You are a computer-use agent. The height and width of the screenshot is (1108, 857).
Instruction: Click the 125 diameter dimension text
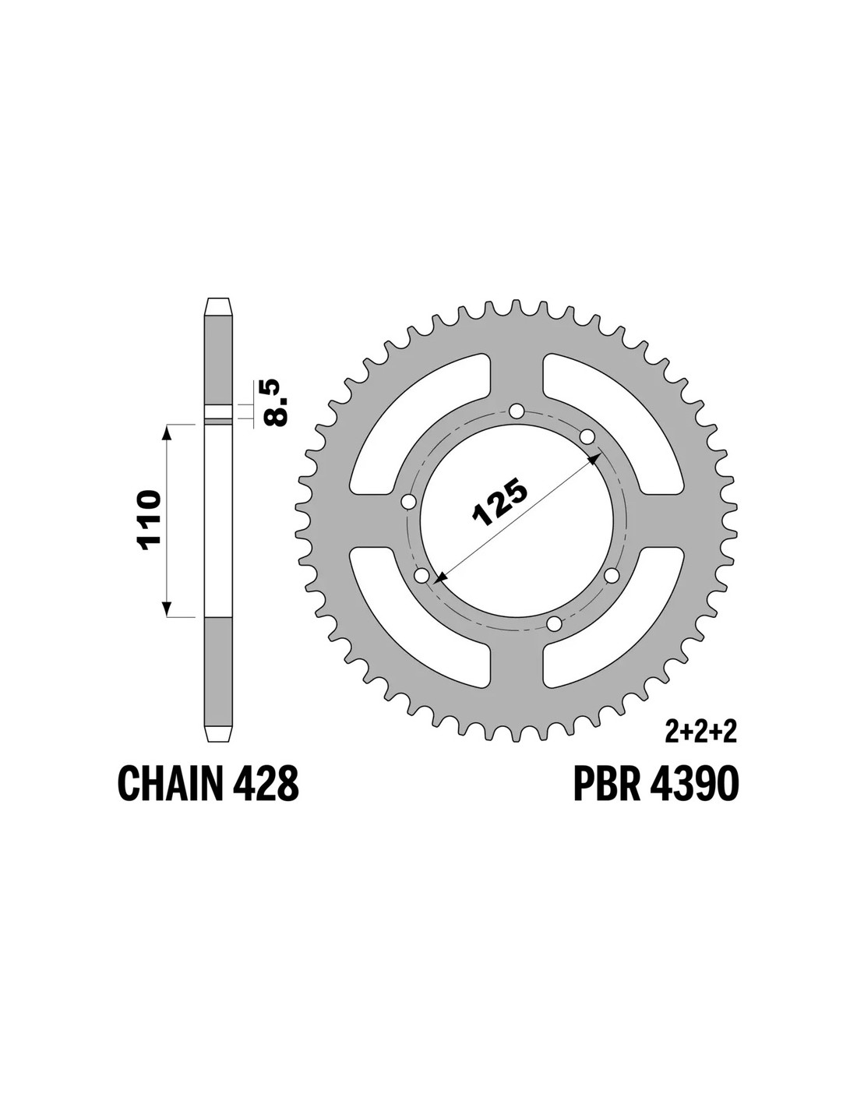pyautogui.click(x=500, y=503)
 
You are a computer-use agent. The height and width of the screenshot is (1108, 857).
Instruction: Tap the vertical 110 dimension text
pyautogui.click(x=150, y=520)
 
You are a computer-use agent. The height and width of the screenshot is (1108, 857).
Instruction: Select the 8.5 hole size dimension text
pyautogui.click(x=276, y=401)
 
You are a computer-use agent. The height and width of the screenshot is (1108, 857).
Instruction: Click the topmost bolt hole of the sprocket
pyautogui.click(x=517, y=411)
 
